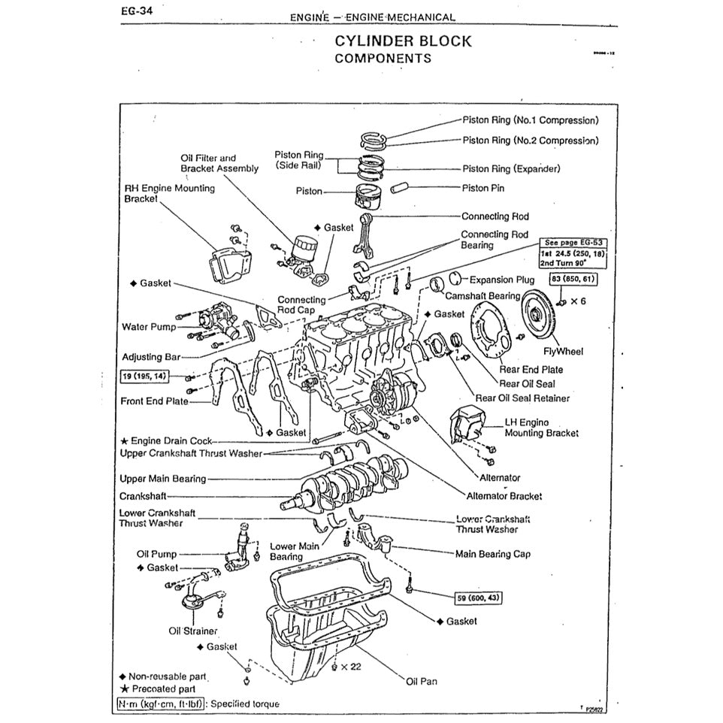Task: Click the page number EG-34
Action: [136, 11]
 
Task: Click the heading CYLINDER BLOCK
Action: [403, 41]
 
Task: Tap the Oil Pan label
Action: [421, 682]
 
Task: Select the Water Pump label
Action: [148, 327]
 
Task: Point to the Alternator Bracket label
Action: [504, 496]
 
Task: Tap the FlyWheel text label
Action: [563, 351]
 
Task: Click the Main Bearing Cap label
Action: [492, 554]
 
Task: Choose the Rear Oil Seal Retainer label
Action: [522, 398]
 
